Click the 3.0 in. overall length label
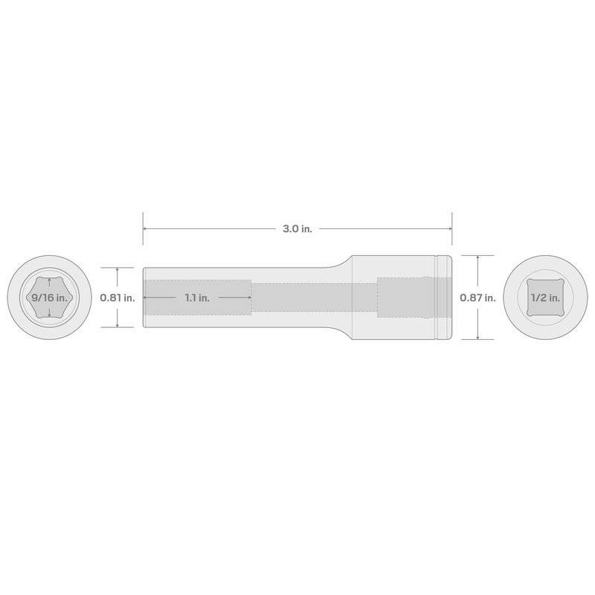(297, 229)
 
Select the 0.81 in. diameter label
(118, 297)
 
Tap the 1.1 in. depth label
(197, 297)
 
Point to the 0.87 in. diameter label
(477, 297)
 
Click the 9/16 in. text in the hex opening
(48, 297)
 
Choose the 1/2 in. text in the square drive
(545, 297)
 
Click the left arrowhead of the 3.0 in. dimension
(146, 229)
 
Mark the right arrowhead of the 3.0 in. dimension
(449, 229)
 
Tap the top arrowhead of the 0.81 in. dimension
(118, 270)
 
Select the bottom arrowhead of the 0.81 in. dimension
(118, 325)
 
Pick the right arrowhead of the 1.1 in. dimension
(248, 297)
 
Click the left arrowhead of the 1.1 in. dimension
(147, 297)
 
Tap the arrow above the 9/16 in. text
(48, 281)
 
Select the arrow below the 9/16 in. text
(48, 315)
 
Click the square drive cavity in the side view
(405, 297)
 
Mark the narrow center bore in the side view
(312, 297)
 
